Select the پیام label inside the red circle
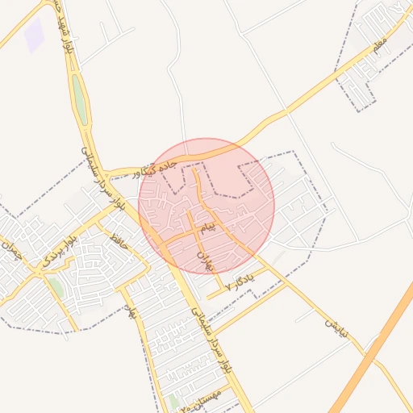[x=207, y=228]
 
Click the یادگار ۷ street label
[x=240, y=280]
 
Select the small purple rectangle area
[x=34, y=34]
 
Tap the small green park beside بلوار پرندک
[x=56, y=286]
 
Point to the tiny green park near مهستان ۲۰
[x=173, y=401]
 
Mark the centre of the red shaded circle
[x=206, y=206]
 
